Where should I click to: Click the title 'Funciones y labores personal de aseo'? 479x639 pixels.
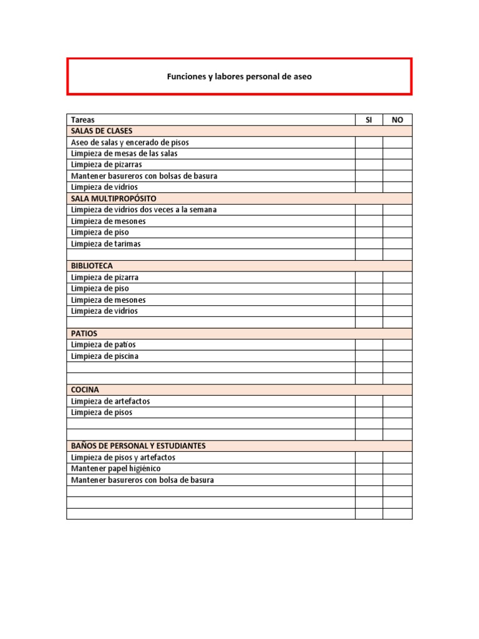coord(239,77)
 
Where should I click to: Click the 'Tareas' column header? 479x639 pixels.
coord(83,120)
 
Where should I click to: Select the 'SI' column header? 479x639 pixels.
coord(369,120)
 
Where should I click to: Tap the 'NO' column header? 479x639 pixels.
coord(397,120)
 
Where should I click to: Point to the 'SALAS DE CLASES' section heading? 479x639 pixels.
coord(102,131)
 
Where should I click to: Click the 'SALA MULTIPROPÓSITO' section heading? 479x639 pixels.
coord(114,198)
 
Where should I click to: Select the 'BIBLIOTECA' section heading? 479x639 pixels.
coord(92,266)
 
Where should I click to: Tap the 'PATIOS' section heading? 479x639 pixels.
coord(84,333)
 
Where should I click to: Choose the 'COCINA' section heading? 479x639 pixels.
coord(85,389)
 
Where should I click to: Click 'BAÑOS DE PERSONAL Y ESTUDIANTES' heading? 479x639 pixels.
coord(138,446)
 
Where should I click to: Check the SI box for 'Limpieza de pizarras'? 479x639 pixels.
coord(369,165)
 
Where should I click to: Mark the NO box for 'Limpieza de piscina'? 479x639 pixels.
coord(397,356)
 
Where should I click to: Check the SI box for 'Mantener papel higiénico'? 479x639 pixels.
coord(369,469)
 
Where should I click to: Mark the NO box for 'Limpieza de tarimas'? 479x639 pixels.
coord(397,244)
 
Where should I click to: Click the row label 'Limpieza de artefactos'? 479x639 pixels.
coord(110,401)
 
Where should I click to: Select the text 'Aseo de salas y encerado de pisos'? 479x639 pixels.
coord(130,142)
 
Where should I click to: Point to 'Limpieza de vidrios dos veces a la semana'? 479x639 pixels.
coord(144,210)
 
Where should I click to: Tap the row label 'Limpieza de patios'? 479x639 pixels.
coord(104,344)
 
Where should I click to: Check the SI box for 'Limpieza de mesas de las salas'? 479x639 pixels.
coord(369,154)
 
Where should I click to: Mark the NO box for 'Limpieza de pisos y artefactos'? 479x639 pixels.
coord(397,457)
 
